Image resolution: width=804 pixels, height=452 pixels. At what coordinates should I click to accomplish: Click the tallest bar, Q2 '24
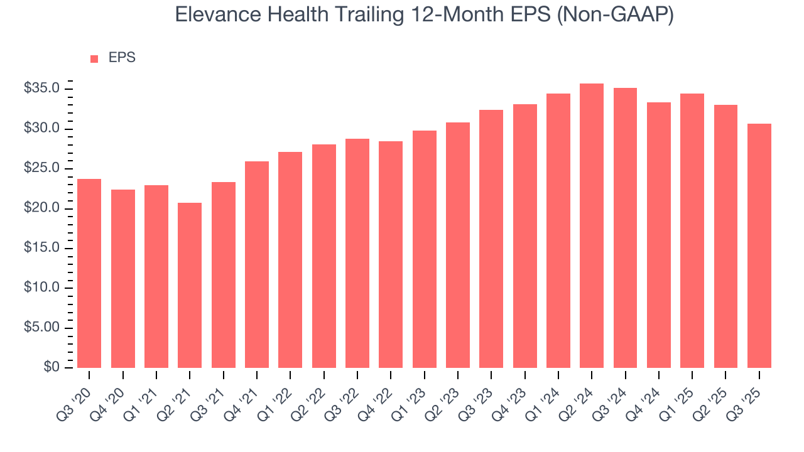(x=592, y=226)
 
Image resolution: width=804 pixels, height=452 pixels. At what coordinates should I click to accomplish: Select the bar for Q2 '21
(x=190, y=286)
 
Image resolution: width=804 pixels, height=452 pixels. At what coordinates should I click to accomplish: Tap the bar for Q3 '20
(x=89, y=274)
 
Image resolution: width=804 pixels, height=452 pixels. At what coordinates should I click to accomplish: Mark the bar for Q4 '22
(x=391, y=255)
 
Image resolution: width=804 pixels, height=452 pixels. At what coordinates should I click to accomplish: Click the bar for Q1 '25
(x=692, y=231)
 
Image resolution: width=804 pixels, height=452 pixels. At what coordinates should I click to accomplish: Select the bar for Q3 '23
(x=491, y=239)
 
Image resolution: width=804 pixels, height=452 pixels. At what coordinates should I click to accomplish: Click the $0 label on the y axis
(x=52, y=367)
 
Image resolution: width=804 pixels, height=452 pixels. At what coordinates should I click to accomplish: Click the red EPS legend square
(x=94, y=59)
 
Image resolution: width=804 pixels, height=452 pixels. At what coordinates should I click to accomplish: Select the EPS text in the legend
(x=122, y=58)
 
